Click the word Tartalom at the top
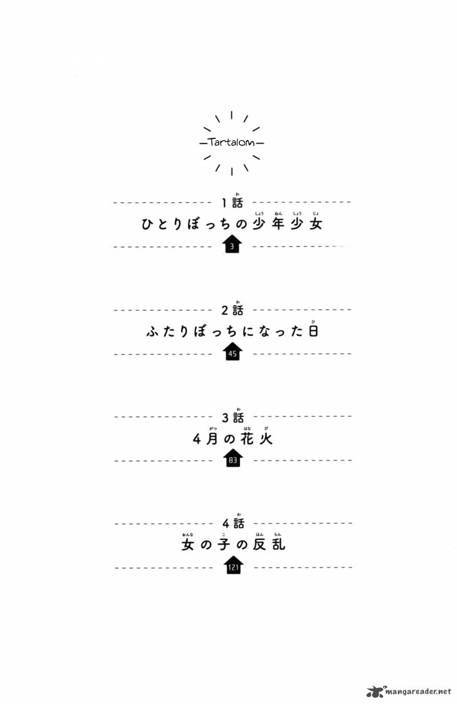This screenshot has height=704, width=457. pyautogui.click(x=231, y=142)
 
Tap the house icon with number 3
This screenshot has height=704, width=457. pyautogui.click(x=232, y=244)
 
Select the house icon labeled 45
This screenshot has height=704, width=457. pyautogui.click(x=232, y=351)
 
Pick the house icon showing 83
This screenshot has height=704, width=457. pyautogui.click(x=232, y=458)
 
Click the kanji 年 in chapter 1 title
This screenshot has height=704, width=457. pyautogui.click(x=278, y=224)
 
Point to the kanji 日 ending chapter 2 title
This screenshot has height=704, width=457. pyautogui.click(x=313, y=331)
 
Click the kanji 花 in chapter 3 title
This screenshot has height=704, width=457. pyautogui.click(x=247, y=439)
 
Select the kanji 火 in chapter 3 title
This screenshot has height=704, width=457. pyautogui.click(x=266, y=439)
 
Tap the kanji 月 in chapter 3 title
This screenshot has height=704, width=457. pyautogui.click(x=212, y=439)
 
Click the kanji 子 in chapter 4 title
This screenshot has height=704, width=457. pyautogui.click(x=224, y=544)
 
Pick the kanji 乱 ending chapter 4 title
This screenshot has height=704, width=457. pyautogui.click(x=278, y=544)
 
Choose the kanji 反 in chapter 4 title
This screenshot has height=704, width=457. pyautogui.click(x=259, y=544)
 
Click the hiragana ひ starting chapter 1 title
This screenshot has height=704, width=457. pyautogui.click(x=148, y=224)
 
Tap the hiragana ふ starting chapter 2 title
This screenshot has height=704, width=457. pyautogui.click(x=153, y=332)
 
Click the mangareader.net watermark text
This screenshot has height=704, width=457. pyautogui.click(x=418, y=691)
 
